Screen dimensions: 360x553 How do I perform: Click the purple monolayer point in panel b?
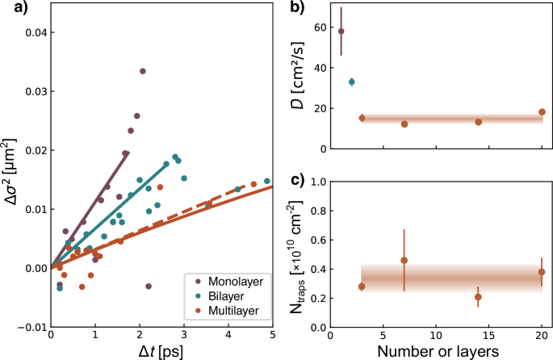coord(341,31)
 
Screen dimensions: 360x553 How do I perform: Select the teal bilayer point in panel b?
coord(351,82)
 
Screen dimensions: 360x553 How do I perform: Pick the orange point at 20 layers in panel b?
coord(542,112)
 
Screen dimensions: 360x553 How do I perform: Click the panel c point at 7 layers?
coord(404,261)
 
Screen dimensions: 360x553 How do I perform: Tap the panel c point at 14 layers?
coord(478,297)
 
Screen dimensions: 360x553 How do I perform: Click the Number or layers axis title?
coord(436,351)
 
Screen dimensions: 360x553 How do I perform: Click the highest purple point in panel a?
coord(142,71)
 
